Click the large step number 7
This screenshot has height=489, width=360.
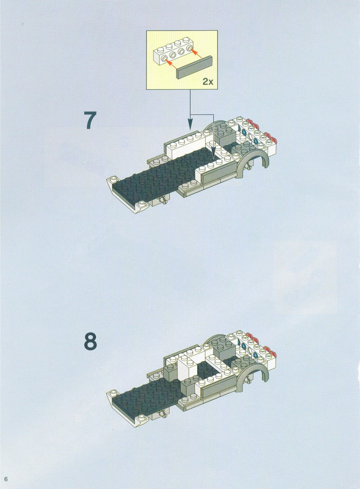tap(90, 120)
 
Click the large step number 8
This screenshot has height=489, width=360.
tap(90, 341)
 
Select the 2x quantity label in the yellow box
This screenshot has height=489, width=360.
tap(208, 81)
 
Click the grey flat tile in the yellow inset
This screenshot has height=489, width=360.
tap(195, 67)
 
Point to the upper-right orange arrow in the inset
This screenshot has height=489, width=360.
tap(196, 53)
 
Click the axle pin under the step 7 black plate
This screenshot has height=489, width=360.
tap(164, 199)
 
